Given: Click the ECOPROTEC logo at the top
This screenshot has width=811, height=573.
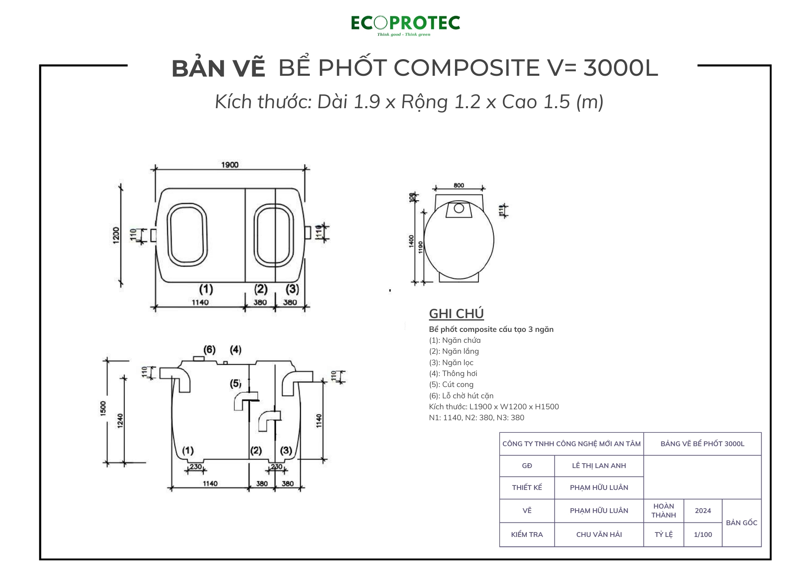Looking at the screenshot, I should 405,25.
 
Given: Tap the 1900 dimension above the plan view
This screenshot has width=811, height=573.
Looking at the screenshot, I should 230,165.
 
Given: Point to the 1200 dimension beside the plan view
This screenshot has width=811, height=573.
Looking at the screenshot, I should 116,235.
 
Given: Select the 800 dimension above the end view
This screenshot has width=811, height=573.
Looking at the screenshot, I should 459,185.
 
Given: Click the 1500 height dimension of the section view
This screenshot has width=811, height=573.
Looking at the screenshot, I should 103,408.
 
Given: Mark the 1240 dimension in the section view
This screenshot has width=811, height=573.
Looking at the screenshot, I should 120,421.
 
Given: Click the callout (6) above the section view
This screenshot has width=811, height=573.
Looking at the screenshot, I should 209,349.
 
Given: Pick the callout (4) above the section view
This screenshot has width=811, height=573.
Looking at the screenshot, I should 236,349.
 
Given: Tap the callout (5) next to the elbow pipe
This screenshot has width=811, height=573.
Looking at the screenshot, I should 236,383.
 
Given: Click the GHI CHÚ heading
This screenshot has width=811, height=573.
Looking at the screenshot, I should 456,314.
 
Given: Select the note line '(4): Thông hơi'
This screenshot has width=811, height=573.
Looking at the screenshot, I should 453,374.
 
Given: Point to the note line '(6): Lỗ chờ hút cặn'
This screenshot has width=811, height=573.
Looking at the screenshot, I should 461,396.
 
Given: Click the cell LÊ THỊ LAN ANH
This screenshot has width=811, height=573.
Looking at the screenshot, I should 599,466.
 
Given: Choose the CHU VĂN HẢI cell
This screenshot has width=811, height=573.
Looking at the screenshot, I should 599,535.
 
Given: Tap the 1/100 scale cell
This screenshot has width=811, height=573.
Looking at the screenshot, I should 703,535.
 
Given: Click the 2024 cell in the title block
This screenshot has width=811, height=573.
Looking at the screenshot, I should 703,511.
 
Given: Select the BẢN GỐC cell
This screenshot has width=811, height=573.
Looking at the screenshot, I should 742,523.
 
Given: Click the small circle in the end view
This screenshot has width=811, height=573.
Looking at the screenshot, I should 459,208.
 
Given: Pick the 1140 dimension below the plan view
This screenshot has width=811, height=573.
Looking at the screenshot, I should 200,302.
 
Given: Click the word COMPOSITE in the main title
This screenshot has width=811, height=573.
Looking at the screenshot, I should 466,68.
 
